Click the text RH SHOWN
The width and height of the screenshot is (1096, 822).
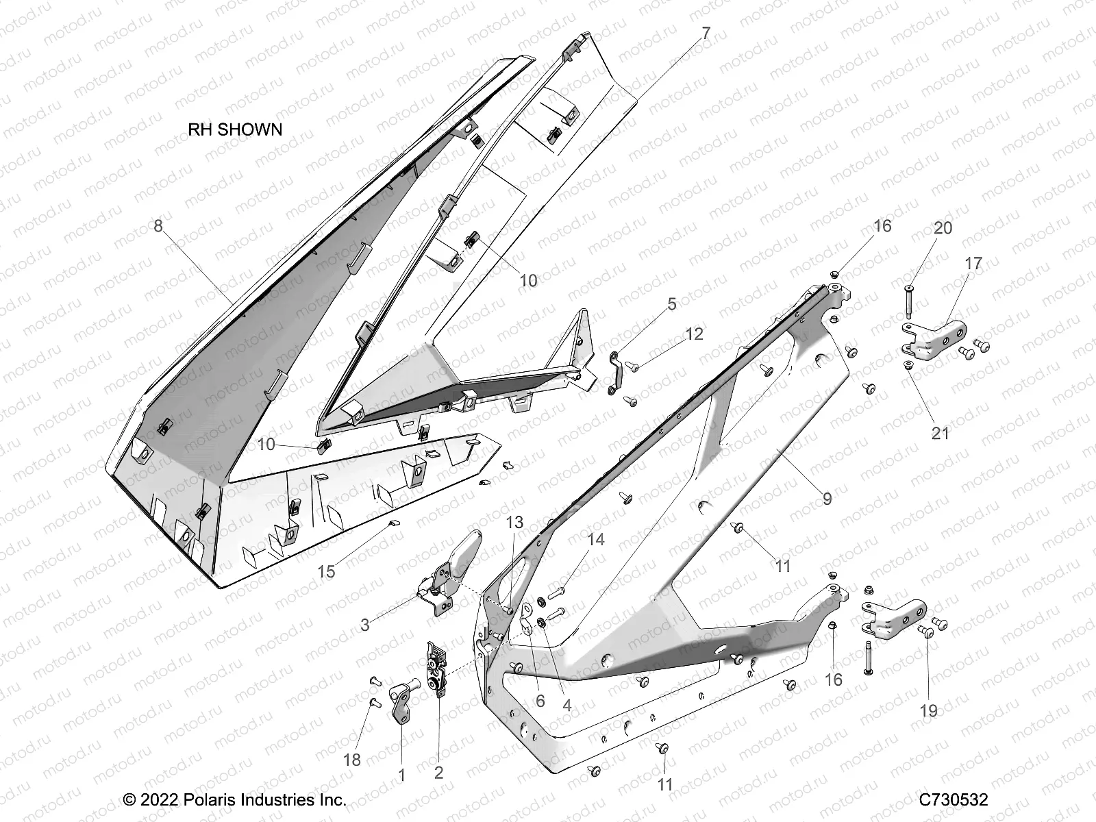point(235,129)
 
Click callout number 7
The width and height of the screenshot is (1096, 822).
point(706,33)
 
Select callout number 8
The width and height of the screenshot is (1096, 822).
point(158,225)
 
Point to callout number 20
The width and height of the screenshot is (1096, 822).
point(943,228)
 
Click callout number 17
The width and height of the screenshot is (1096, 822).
point(973,263)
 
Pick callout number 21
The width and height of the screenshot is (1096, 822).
point(941,433)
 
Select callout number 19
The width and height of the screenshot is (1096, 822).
point(928,711)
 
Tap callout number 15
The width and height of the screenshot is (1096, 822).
point(327,571)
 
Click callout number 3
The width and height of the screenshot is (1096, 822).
point(365,625)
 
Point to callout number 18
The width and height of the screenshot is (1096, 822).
point(352,760)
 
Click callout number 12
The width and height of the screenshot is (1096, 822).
point(694,334)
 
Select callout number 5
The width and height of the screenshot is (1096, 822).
point(671,303)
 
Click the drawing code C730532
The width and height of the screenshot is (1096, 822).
point(953,799)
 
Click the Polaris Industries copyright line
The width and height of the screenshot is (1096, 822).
point(234,799)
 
